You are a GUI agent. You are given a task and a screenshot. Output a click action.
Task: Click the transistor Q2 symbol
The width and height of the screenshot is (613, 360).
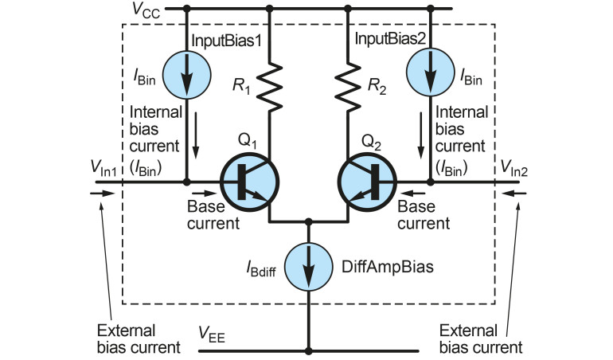367,182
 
